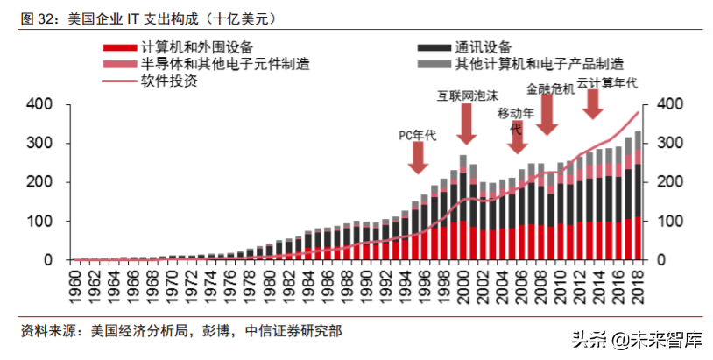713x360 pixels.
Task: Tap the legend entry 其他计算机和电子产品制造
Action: (x=540, y=64)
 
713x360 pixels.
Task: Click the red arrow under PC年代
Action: (x=418, y=156)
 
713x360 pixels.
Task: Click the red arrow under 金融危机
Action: (x=548, y=115)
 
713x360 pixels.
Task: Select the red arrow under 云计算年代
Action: (x=593, y=104)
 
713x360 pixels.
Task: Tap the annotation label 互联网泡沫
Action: (x=467, y=95)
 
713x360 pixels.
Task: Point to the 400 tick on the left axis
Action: (x=41, y=104)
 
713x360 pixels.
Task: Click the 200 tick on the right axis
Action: (x=667, y=182)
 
